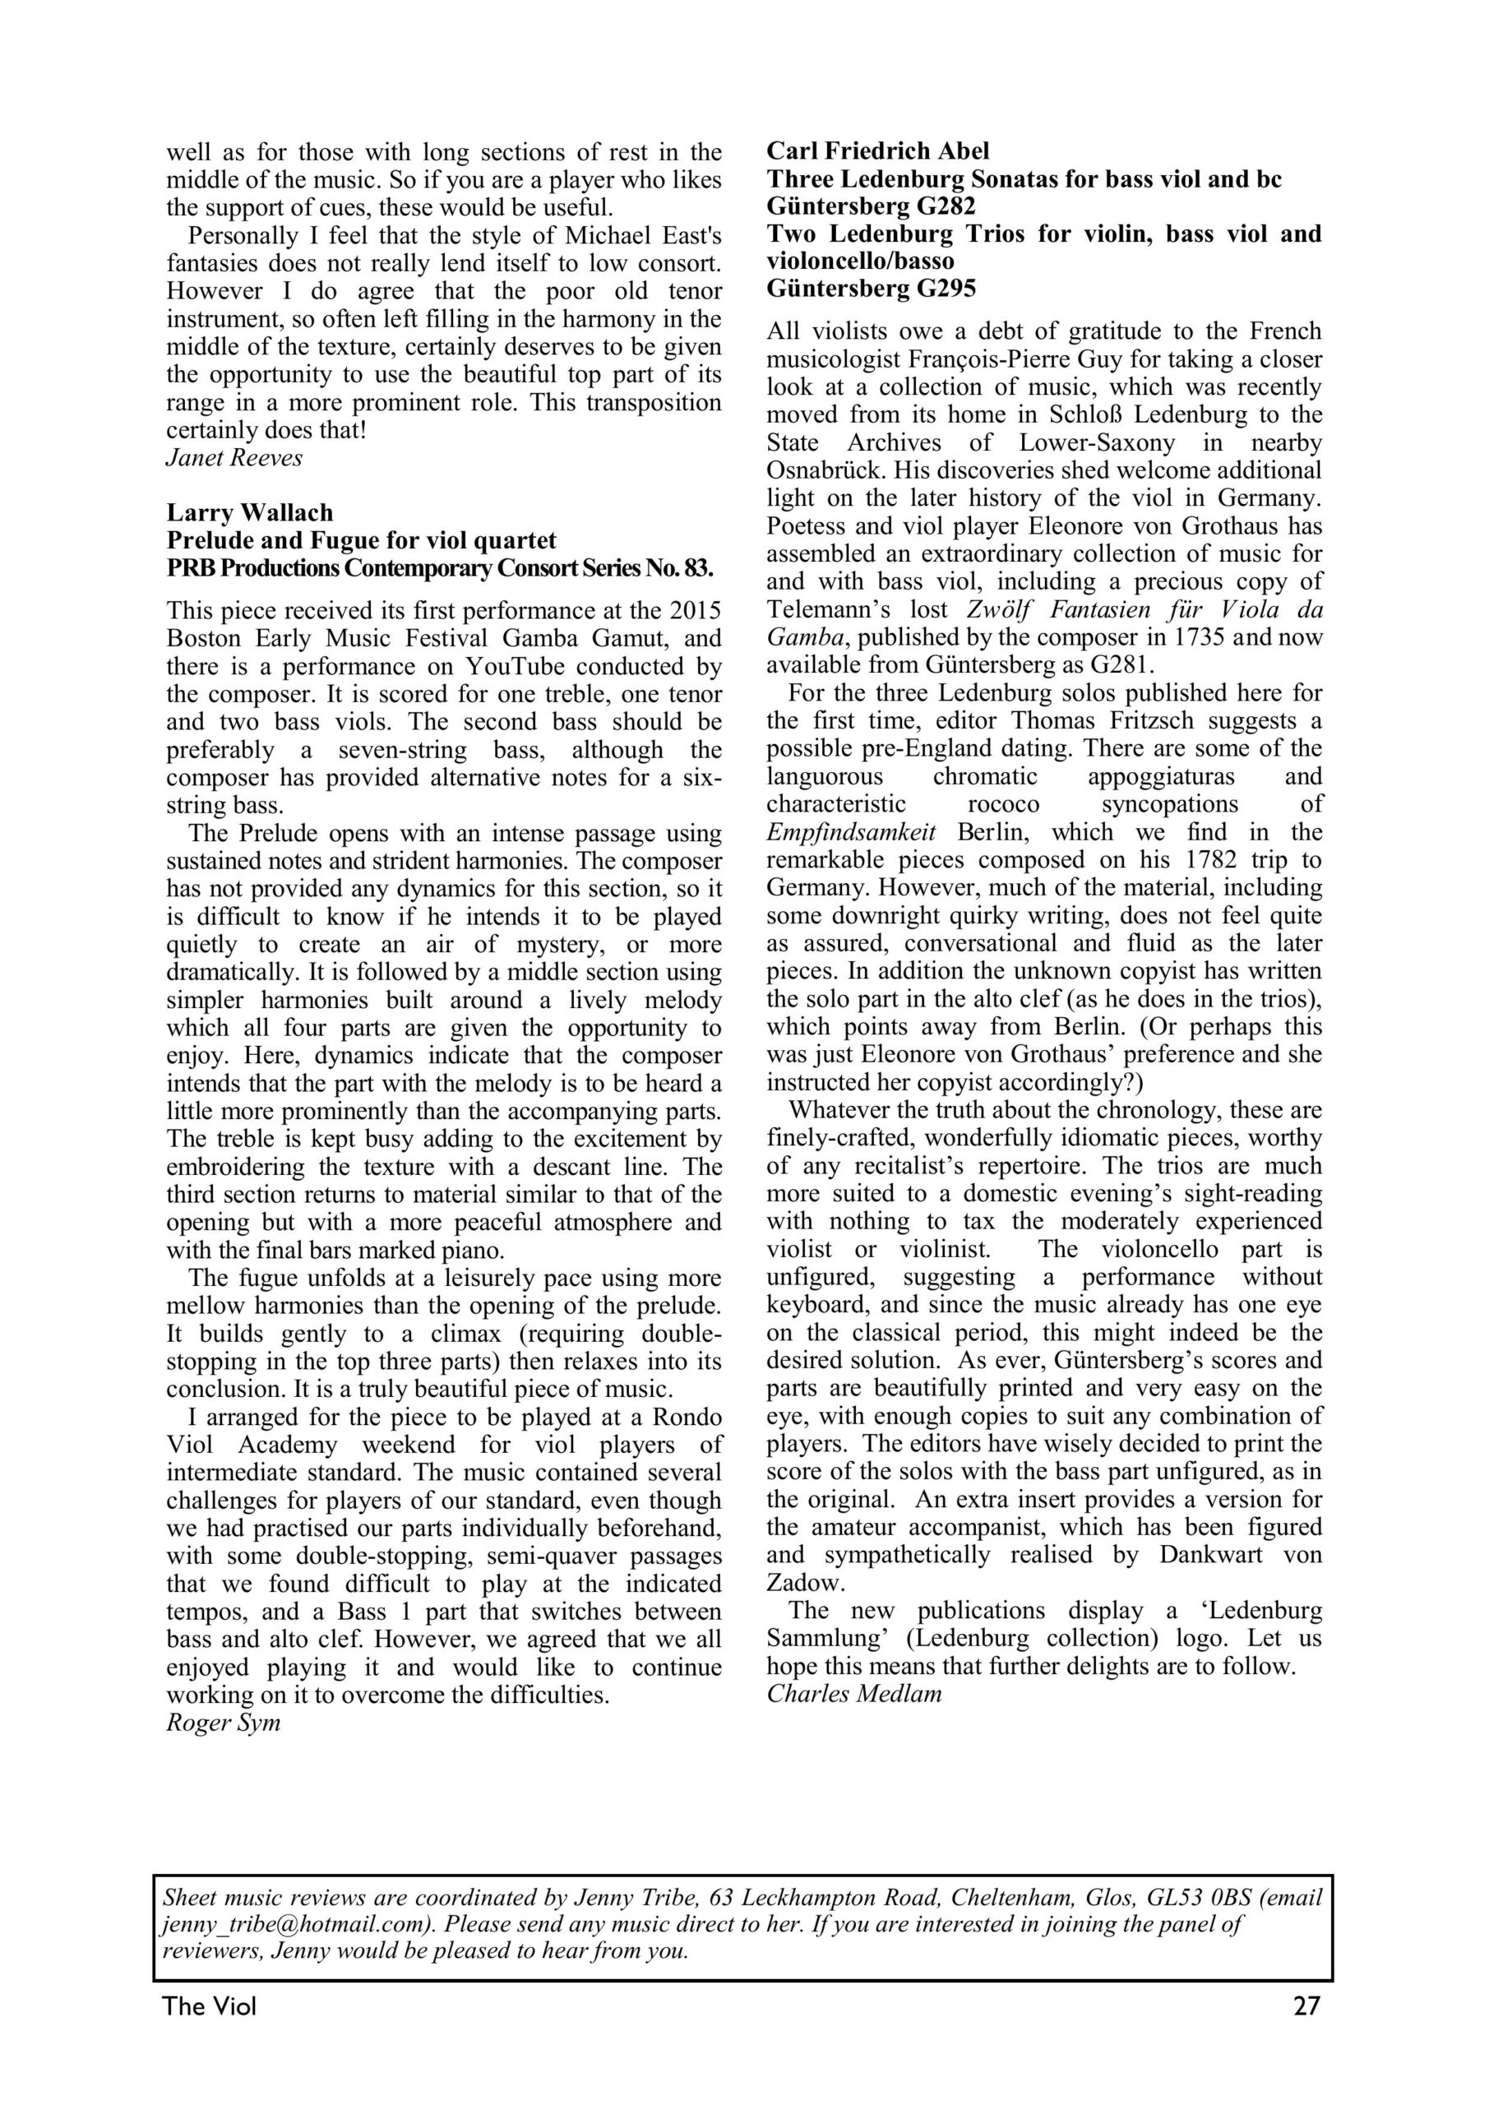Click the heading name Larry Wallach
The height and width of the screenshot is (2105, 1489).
249,512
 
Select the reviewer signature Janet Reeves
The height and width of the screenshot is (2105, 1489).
234,457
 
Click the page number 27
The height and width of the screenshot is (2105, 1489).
1306,2007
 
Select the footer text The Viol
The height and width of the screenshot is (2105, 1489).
209,2007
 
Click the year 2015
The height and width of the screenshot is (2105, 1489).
694,611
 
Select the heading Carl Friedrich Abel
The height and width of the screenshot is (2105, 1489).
877,151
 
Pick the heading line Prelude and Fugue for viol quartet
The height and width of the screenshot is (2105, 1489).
361,540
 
